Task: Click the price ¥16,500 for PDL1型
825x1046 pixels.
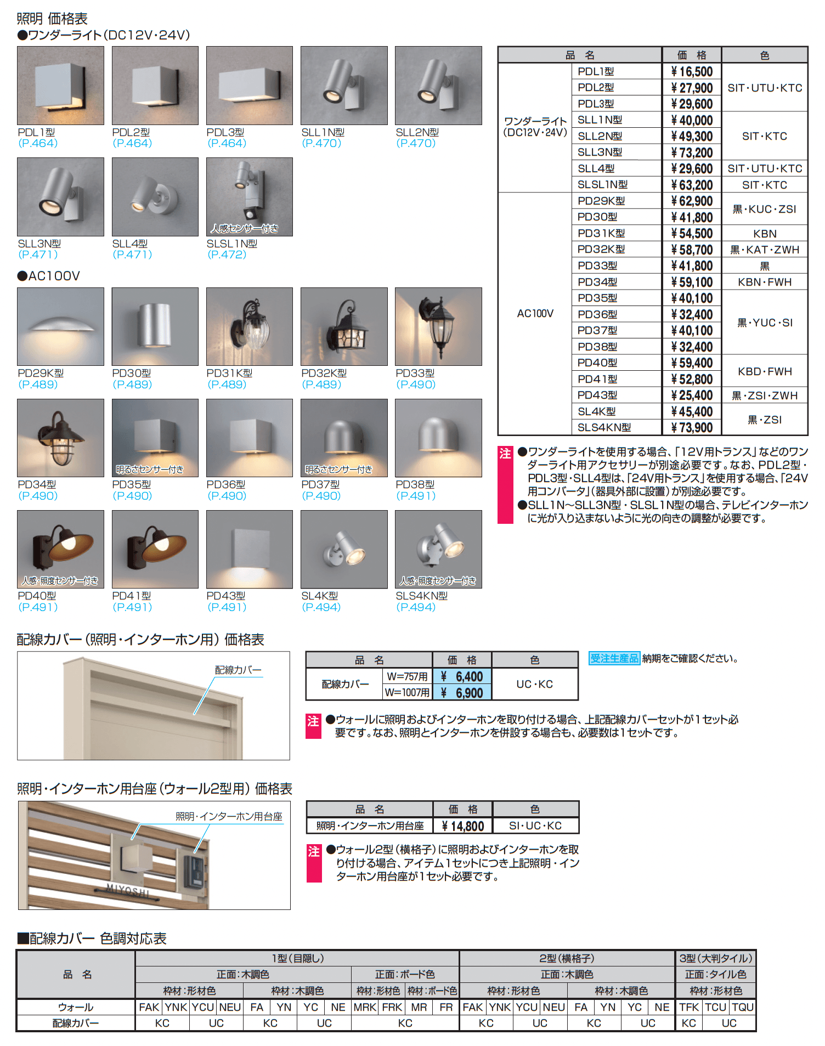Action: (692, 72)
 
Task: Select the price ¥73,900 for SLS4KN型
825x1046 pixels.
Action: (692, 428)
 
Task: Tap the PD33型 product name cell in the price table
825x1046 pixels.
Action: (597, 266)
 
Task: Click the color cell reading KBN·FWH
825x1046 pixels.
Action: (765, 282)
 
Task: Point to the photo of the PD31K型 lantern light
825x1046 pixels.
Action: (250, 327)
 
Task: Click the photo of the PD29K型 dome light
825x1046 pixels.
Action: (60, 327)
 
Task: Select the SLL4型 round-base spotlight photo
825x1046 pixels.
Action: (155, 197)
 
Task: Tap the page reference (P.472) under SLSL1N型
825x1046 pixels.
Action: (227, 255)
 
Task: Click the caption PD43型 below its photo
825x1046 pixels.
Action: (225, 596)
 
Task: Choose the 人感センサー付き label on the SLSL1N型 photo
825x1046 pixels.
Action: (245, 229)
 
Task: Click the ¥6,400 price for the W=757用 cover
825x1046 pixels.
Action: (462, 677)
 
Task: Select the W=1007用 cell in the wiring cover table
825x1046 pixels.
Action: (407, 693)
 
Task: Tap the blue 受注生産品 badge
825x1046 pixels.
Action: (614, 658)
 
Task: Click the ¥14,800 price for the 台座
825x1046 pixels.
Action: (463, 826)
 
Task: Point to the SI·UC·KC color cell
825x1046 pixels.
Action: (535, 826)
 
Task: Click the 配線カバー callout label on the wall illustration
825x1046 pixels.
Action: (238, 670)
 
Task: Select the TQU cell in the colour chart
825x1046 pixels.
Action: (743, 1007)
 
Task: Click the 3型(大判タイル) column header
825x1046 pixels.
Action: (715, 958)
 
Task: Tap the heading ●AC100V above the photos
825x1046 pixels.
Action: (49, 276)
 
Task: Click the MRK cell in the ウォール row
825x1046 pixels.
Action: (365, 1007)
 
